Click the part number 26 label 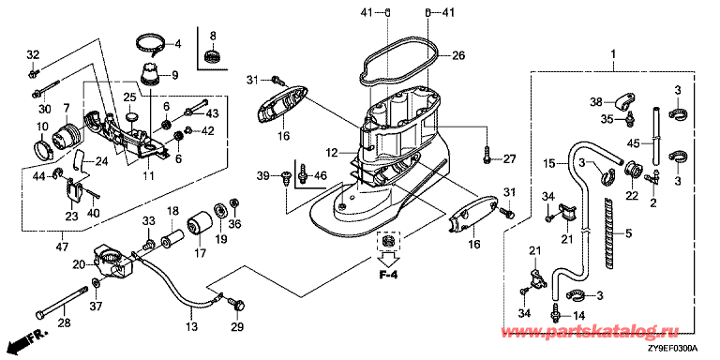click(x=457, y=56)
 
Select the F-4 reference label click(x=388, y=276)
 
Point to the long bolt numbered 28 click(x=61, y=303)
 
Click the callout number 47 click(x=62, y=247)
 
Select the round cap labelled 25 click(x=132, y=113)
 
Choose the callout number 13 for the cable click(x=191, y=326)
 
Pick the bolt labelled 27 click(x=487, y=155)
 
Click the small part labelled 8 click(x=212, y=57)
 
